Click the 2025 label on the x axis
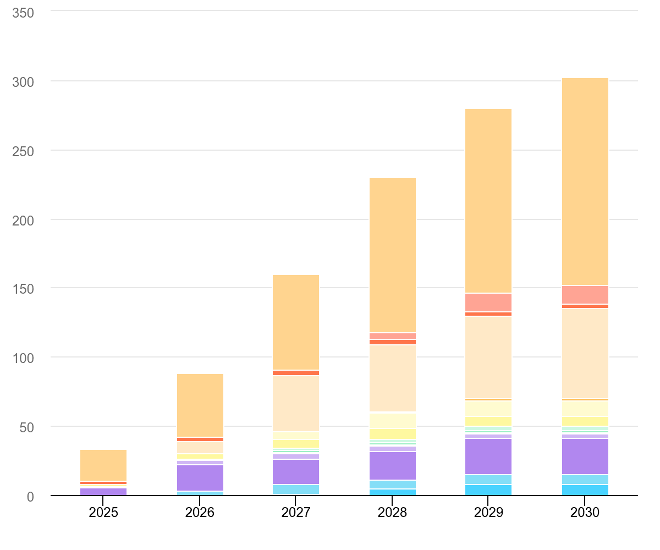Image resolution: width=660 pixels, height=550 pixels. pyautogui.click(x=103, y=513)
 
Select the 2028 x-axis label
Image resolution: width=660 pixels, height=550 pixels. pyautogui.click(x=392, y=513)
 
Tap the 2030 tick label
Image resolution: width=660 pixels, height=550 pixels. pyautogui.click(x=585, y=513)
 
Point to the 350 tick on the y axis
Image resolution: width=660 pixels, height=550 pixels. pyautogui.click(x=23, y=12)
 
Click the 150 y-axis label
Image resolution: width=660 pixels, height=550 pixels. pyautogui.click(x=23, y=289)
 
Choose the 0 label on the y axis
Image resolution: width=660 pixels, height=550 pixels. pyautogui.click(x=30, y=497)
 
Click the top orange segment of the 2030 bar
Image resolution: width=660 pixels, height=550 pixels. pyautogui.click(x=585, y=182)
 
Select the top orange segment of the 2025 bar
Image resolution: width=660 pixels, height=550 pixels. pyautogui.click(x=103, y=465)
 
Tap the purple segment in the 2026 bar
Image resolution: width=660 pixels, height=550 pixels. pyautogui.click(x=200, y=477)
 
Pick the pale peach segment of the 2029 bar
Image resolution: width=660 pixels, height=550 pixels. pyautogui.click(x=488, y=358)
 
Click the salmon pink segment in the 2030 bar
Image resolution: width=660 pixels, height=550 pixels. pyautogui.click(x=585, y=295)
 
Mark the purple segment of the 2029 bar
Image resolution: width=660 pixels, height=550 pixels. pyautogui.click(x=488, y=456)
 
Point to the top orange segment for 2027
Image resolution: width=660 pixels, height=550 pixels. pyautogui.click(x=296, y=322)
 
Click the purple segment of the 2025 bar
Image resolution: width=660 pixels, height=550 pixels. pyautogui.click(x=103, y=491)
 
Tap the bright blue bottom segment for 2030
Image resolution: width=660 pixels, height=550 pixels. pyautogui.click(x=585, y=490)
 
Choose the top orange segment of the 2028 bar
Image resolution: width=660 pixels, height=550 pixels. pyautogui.click(x=392, y=255)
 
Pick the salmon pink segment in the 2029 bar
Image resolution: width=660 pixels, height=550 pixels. pyautogui.click(x=488, y=302)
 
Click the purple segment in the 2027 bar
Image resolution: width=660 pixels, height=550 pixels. pyautogui.click(x=296, y=471)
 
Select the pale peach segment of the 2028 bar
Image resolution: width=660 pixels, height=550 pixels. pyautogui.click(x=392, y=378)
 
